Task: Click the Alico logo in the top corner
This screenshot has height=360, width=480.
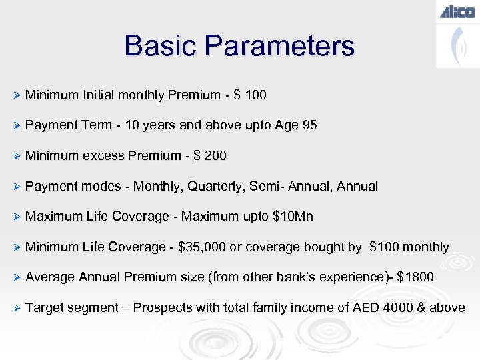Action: (457, 11)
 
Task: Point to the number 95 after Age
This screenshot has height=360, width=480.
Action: (309, 125)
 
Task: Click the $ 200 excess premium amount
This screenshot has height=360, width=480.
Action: (210, 156)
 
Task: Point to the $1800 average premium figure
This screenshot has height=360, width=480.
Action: (415, 277)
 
